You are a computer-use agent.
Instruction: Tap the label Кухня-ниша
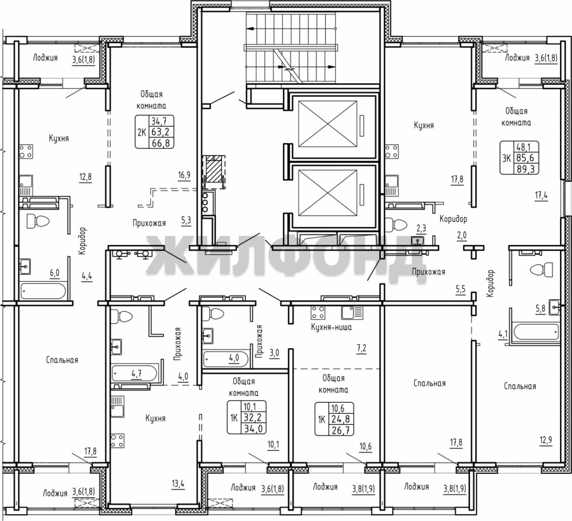(x=331, y=327)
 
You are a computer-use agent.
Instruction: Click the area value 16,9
(x=184, y=176)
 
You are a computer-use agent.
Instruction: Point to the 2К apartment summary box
(x=154, y=132)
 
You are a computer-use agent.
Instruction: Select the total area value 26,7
(x=341, y=430)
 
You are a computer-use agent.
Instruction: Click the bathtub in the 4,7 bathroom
(x=135, y=373)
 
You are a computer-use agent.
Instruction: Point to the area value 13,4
(x=177, y=484)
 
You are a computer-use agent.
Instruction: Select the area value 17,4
(x=542, y=195)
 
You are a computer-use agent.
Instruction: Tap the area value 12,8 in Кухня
(x=85, y=177)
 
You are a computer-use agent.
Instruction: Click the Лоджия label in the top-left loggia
(x=45, y=57)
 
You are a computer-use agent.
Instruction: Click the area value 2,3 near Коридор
(x=421, y=229)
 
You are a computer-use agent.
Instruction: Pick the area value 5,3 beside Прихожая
(x=186, y=220)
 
